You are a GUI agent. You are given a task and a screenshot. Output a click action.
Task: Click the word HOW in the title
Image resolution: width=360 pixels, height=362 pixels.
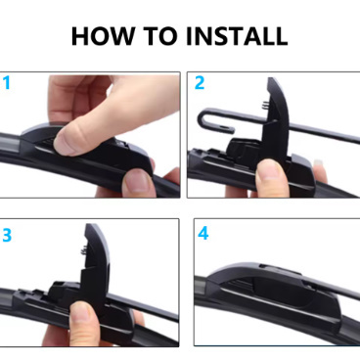(103, 35)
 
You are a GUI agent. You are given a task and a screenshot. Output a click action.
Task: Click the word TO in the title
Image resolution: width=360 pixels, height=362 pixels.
(160, 35)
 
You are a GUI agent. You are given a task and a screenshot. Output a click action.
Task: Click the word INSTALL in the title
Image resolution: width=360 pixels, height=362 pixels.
(237, 35)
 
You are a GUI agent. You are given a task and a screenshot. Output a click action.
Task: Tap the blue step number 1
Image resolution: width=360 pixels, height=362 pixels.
(7, 83)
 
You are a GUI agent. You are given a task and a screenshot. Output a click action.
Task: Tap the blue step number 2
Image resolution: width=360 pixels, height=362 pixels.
(200, 83)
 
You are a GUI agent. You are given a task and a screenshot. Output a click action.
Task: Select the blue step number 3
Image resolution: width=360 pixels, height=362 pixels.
(7, 235)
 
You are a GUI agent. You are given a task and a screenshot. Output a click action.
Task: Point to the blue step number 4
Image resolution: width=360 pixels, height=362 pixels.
(203, 233)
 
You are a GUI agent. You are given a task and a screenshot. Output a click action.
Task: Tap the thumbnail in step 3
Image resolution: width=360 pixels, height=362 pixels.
(83, 312)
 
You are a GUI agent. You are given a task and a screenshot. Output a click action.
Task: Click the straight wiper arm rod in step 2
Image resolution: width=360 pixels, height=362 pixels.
(323, 133)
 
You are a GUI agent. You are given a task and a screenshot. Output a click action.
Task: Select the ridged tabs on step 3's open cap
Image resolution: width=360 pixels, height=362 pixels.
(84, 250)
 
